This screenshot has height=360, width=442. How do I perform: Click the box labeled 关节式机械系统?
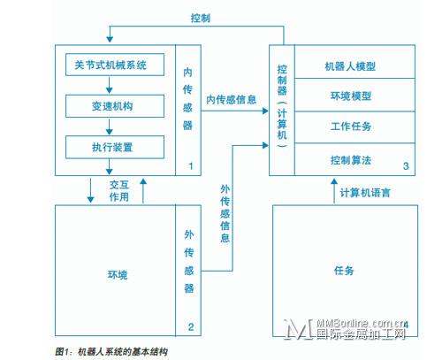coord(115,65)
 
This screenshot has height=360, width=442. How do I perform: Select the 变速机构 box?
coord(115,106)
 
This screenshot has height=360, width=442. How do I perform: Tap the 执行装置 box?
coord(115,147)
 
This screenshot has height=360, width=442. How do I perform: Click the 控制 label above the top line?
coord(201,18)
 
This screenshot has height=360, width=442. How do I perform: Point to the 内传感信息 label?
coord(231,100)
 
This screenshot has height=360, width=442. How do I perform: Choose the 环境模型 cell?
coord(354,95)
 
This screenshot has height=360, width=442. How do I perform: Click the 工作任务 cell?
coord(354,127)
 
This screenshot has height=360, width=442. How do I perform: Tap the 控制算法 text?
coord(351,160)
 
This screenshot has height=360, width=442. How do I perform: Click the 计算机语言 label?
coord(365,193)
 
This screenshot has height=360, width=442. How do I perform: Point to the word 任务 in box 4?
coord(344,270)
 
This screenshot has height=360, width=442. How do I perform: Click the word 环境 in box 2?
coord(118,275)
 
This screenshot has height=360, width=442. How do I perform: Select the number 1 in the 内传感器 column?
coord(191,166)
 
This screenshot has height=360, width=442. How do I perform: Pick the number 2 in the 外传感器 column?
coord(191,326)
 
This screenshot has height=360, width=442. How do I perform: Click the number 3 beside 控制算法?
coord(406,166)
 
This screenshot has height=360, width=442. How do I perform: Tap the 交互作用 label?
coord(119,191)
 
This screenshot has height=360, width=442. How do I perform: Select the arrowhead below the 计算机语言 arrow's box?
coord(334,181)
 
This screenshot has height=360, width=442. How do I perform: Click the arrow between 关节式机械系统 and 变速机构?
coord(110,85)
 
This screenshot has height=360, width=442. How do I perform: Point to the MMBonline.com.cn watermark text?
coord(362,324)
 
